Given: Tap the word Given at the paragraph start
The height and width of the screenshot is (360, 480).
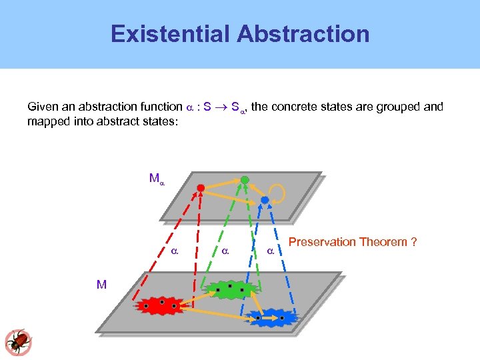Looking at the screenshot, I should (x=42, y=107).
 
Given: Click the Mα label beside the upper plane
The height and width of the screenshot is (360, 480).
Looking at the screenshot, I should (x=157, y=179).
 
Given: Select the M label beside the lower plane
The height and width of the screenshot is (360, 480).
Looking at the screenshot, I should (x=101, y=285).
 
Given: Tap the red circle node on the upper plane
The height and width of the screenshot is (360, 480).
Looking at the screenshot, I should (x=201, y=189).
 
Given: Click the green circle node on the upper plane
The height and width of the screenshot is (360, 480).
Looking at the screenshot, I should (x=245, y=180).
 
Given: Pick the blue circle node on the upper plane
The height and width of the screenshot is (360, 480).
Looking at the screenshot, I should (x=265, y=200).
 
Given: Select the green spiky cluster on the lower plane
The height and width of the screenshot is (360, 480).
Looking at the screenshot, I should (x=229, y=289).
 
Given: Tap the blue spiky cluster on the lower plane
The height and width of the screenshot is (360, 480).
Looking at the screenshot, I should (x=271, y=317).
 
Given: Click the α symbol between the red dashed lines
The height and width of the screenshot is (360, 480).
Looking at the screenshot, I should (x=174, y=252).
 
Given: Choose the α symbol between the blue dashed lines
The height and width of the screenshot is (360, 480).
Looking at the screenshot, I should (x=270, y=252).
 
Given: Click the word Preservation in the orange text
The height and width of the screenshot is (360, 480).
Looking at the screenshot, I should (x=323, y=241).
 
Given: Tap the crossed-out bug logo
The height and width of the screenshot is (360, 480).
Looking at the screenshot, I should (x=18, y=341).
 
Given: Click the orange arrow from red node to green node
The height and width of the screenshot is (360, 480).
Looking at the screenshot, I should (x=223, y=184).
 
